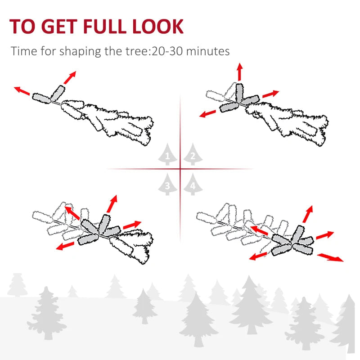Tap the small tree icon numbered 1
click(x=167, y=156)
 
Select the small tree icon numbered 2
click(x=193, y=156)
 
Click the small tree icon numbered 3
click(x=167, y=184)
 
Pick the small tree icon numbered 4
click(x=193, y=184)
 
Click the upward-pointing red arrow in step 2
click(x=239, y=72)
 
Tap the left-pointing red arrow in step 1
click(x=22, y=91)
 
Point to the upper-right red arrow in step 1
click(x=69, y=77)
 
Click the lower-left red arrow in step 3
click(x=66, y=246)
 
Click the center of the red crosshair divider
click(x=180, y=169)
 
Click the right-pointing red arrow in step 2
click(x=271, y=94)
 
